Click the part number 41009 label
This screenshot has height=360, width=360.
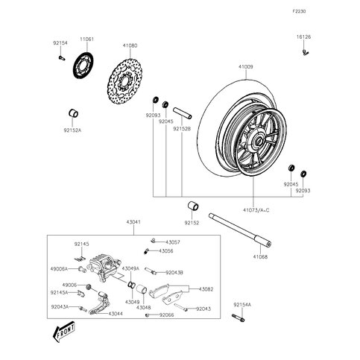click(x=246, y=67)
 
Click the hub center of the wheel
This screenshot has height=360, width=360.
click(x=258, y=139)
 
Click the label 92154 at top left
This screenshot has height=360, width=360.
click(x=60, y=44)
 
